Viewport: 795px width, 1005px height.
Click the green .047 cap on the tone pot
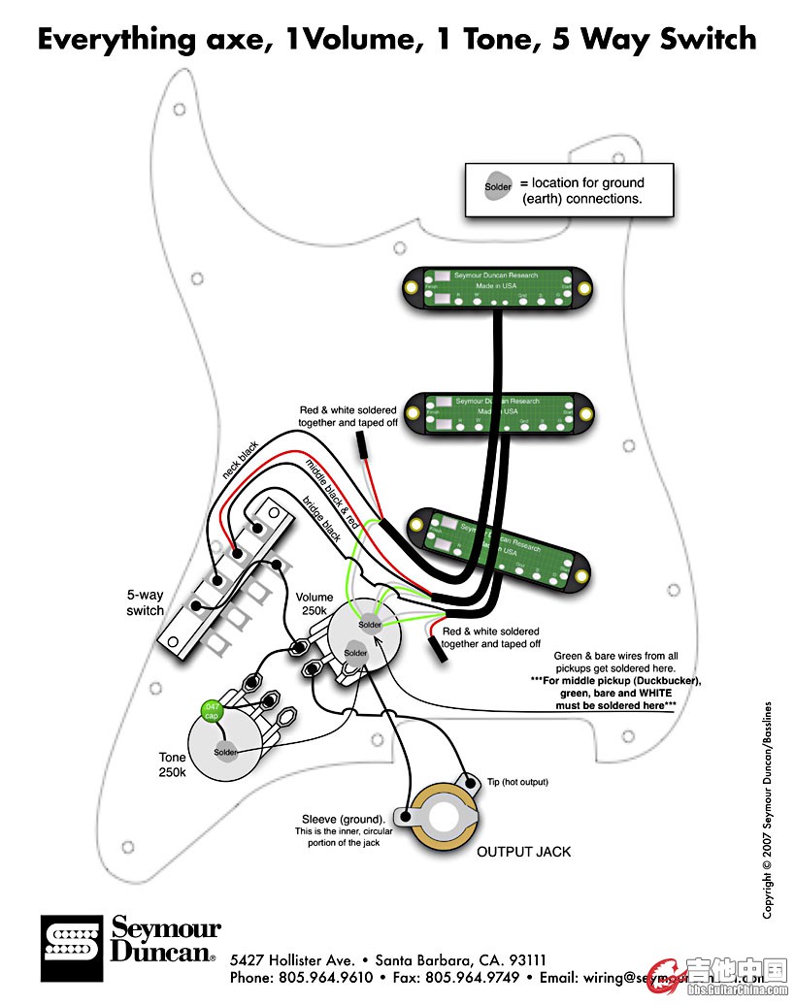209,711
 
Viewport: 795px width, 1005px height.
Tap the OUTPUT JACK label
523,852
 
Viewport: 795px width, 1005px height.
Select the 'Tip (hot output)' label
517,782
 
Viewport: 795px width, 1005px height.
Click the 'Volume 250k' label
315,604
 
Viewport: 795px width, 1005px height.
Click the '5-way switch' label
145,602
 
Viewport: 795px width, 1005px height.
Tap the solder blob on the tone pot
225,752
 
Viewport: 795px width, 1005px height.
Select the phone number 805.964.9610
325,977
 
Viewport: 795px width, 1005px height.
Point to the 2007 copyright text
767,810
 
